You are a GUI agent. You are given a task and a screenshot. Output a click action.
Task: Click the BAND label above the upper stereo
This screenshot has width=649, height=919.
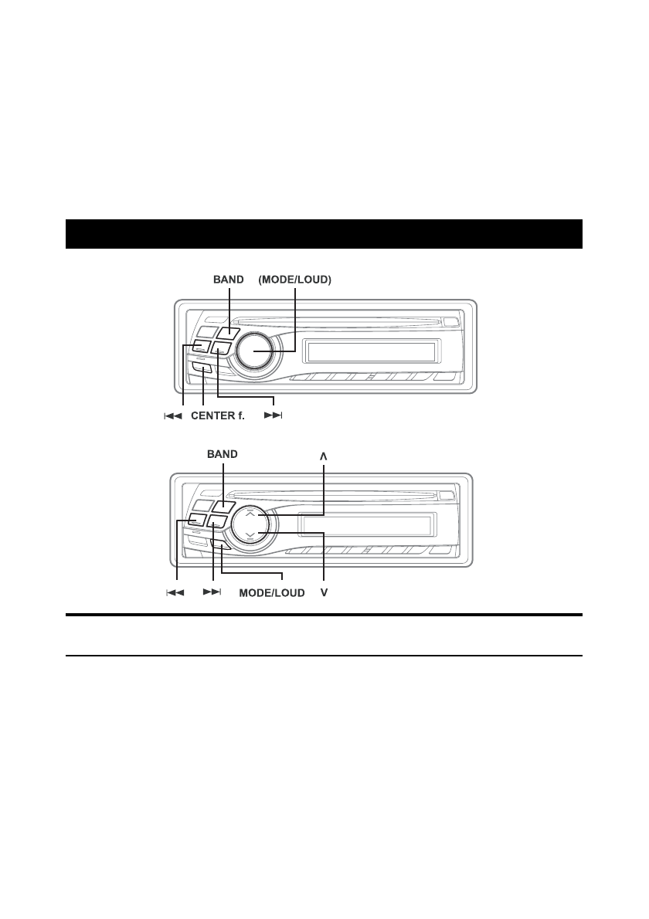(x=228, y=280)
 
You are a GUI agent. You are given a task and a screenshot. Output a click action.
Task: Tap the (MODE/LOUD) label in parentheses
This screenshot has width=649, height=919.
(x=295, y=280)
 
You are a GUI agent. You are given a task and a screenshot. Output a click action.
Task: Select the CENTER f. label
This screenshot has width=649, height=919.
(x=218, y=415)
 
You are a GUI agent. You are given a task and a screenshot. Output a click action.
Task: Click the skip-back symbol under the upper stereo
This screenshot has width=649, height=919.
(x=173, y=416)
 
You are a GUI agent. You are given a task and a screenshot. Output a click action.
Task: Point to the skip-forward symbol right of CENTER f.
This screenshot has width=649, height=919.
(x=274, y=415)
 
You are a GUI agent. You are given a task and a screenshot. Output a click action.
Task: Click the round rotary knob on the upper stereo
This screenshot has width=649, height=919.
(x=254, y=351)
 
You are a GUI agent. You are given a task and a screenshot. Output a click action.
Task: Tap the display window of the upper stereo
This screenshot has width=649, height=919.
(x=371, y=352)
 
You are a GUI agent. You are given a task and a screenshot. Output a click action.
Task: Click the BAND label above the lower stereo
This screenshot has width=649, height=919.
(x=223, y=454)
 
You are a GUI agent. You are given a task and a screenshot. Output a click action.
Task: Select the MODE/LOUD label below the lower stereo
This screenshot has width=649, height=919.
(x=271, y=593)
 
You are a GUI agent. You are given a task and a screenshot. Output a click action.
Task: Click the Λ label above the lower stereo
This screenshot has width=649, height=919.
(x=323, y=456)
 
